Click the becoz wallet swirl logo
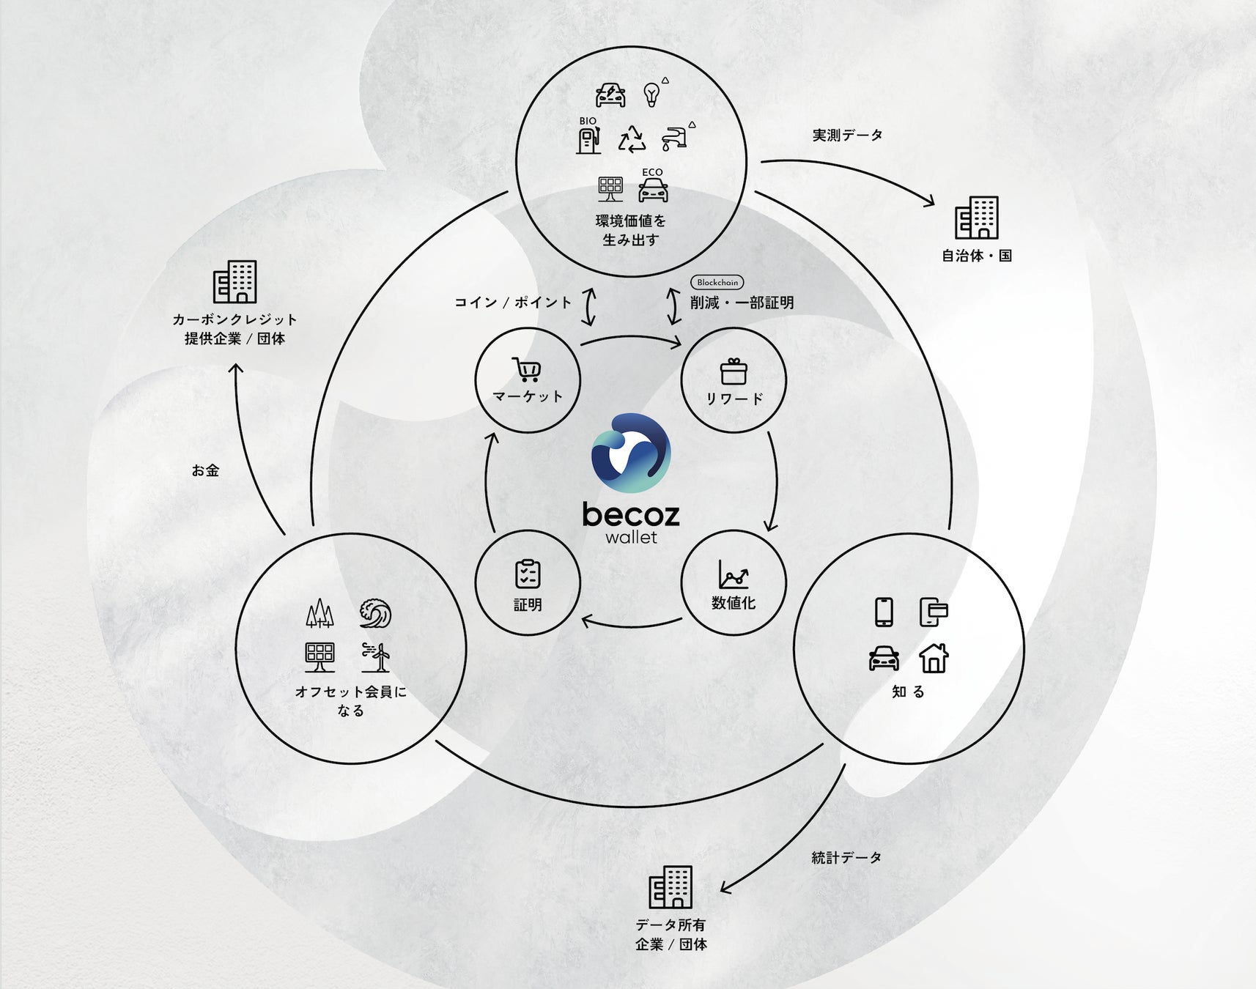(x=631, y=453)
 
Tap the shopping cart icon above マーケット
(x=527, y=369)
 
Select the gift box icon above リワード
(x=733, y=371)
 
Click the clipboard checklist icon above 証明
(x=528, y=574)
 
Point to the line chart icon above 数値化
(x=733, y=574)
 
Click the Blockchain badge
(x=717, y=282)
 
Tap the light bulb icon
(x=651, y=94)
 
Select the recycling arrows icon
(x=631, y=138)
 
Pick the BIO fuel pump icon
(x=588, y=139)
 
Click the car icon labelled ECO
(x=652, y=190)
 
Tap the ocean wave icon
(x=375, y=613)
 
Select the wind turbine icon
(x=376, y=657)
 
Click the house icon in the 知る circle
(x=934, y=657)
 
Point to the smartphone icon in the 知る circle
(x=884, y=612)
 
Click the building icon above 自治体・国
(x=976, y=218)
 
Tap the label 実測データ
(x=847, y=136)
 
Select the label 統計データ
(x=846, y=857)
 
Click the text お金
(x=205, y=471)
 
